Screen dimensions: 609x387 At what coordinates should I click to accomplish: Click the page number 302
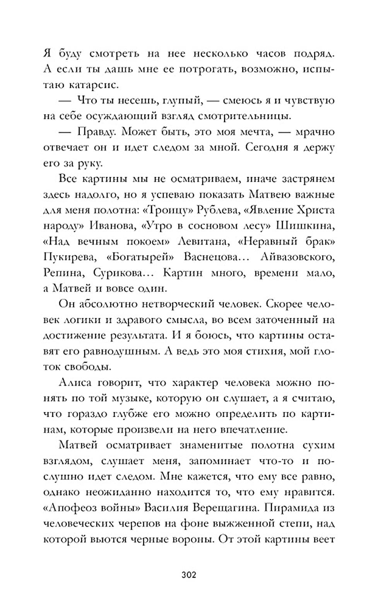189,575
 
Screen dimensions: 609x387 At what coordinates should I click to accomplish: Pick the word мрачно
314,131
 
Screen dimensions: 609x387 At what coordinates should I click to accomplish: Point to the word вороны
190,539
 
